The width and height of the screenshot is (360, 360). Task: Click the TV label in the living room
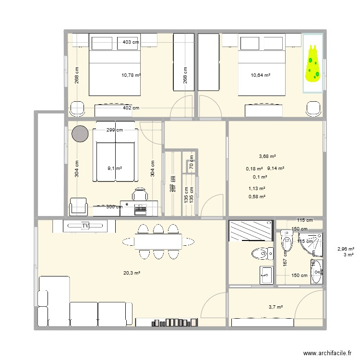[x=86, y=225]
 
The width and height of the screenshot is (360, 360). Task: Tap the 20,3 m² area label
[x=132, y=273]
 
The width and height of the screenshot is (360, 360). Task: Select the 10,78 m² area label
[x=131, y=75]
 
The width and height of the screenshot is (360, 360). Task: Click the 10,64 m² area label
[x=261, y=75]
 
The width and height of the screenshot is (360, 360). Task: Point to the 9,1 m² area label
[x=115, y=168]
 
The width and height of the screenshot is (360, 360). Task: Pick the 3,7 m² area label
[x=275, y=307]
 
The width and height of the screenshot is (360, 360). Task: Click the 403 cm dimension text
[x=131, y=42]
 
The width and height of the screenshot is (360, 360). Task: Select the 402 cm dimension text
[x=131, y=108]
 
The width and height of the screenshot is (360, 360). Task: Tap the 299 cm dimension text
[x=114, y=130]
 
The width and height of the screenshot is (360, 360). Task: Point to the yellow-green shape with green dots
[x=313, y=63]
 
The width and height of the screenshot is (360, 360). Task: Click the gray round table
[x=80, y=134]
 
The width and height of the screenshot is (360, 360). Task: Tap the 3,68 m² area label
[x=267, y=156]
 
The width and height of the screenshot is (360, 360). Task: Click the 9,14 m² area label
[x=276, y=168]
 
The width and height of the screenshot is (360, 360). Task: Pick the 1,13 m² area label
[x=257, y=189]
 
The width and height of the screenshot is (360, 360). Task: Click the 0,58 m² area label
[x=257, y=196]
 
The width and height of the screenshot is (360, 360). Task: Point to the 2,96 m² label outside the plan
[x=346, y=249]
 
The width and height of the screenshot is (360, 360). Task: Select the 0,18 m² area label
[x=254, y=168]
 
